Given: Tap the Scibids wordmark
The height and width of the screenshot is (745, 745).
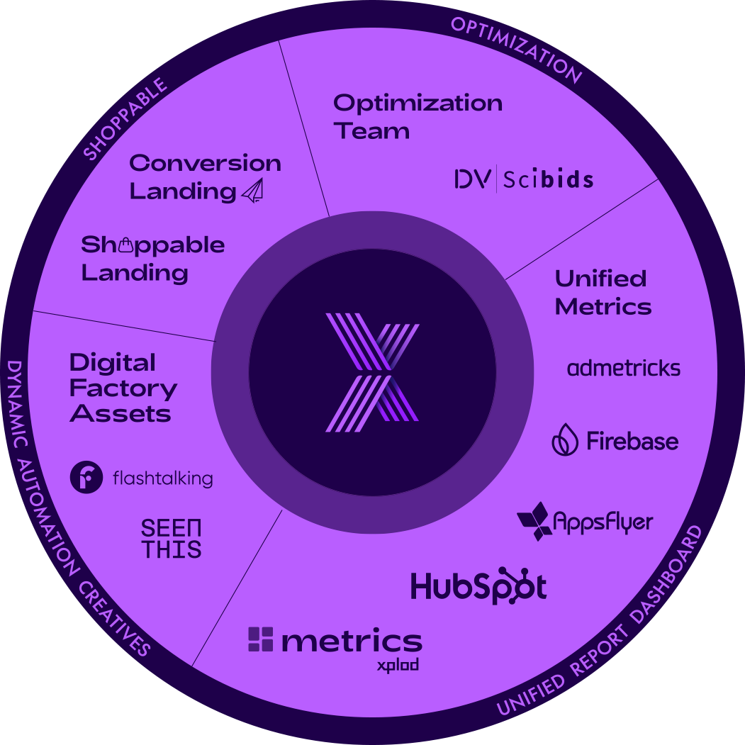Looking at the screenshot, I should [548, 179].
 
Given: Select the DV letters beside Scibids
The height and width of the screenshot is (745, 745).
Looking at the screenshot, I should [471, 179].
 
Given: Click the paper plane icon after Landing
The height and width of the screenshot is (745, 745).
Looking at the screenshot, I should [252, 191].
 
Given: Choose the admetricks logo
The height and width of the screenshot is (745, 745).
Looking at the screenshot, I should [624, 368].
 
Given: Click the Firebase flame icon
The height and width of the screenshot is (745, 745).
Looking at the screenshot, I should [565, 440].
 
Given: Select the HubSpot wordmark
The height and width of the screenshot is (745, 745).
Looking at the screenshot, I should [478, 587].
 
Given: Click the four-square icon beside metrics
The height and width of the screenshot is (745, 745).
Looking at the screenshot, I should [260, 639].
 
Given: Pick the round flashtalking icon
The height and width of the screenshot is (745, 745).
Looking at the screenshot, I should [86, 478].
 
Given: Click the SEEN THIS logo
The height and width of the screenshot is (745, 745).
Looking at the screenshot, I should [171, 539].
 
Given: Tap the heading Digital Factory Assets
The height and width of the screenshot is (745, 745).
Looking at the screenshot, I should [122, 388].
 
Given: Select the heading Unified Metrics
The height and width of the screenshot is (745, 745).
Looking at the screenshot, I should [603, 292].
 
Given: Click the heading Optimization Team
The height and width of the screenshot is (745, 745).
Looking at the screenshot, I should [417, 116].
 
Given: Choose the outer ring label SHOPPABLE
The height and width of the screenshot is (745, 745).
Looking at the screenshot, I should [125, 118].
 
